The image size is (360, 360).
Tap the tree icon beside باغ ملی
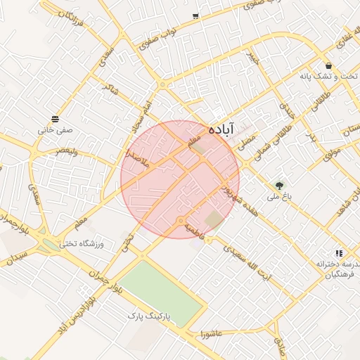coord(281,186)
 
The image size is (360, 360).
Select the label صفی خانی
coord(55,130)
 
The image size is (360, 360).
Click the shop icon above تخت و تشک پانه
coord(329,65)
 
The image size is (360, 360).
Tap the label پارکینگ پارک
coord(147,317)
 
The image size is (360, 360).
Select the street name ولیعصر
coord(72,151)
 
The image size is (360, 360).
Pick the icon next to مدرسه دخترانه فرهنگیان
coord(339,253)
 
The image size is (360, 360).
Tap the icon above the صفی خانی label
coord(55,118)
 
